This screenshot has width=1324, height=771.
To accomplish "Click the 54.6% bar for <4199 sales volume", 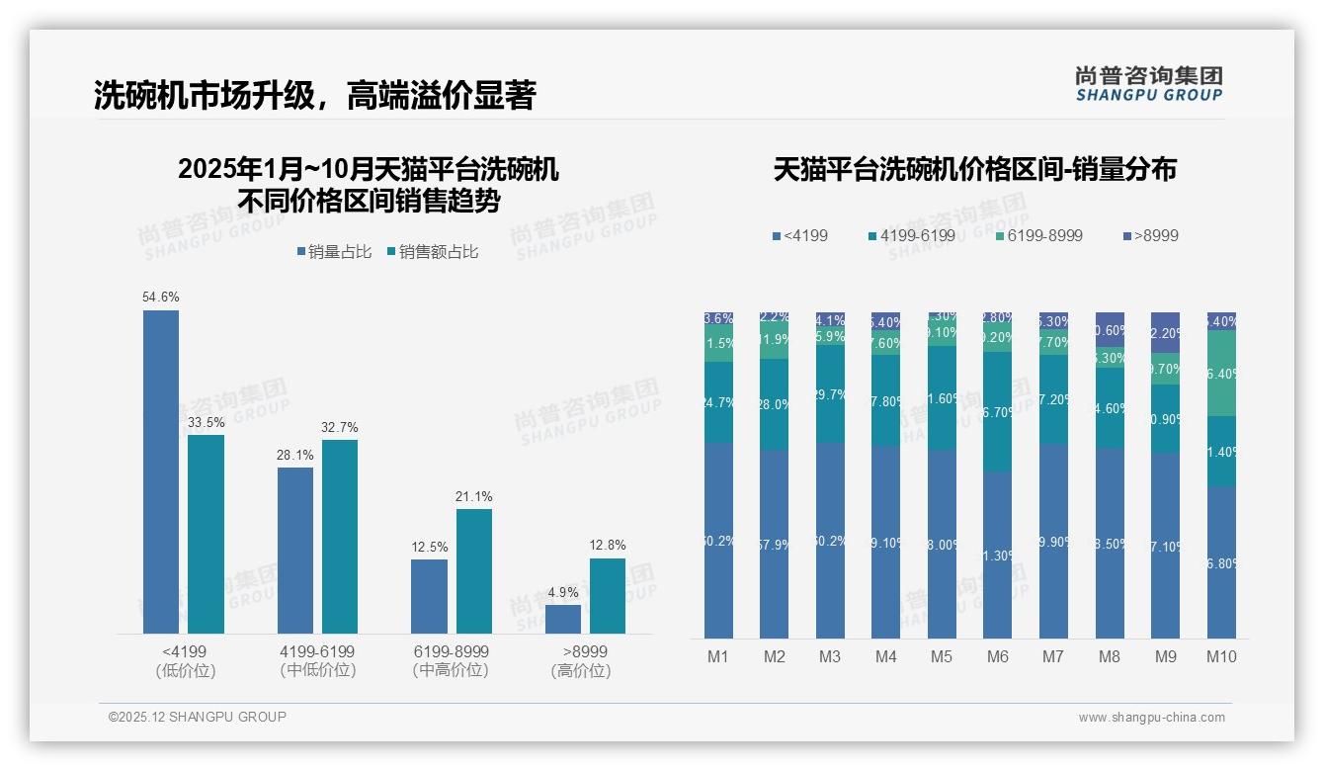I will coord(161,471).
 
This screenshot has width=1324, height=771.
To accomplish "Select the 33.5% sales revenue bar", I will coord(206,534).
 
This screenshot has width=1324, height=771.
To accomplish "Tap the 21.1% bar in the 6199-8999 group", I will coord(474,570).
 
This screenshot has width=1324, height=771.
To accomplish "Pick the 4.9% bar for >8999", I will coord(563,619).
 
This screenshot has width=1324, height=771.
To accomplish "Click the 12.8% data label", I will coord(608,545).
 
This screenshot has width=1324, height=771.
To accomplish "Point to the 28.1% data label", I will coord(295,455).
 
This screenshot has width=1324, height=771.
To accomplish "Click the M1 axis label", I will coord(718,656).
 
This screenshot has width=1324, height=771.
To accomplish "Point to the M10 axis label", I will coord(1221,656).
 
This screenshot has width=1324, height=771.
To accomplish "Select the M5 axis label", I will coord(942,656).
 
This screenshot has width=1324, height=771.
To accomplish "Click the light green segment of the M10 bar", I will coord(1222,374).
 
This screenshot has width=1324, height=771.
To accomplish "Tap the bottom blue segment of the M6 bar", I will coord(999,555).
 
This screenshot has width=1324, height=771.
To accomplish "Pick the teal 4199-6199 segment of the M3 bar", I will coord(830,393).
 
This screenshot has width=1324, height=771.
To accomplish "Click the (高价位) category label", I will coord(581,671).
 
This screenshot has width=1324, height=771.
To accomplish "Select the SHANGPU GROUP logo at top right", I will coord(1148,83).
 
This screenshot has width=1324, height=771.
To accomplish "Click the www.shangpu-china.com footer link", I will coord(1151,718).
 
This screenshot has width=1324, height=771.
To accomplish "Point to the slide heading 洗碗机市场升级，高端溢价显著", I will coord(314,95).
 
